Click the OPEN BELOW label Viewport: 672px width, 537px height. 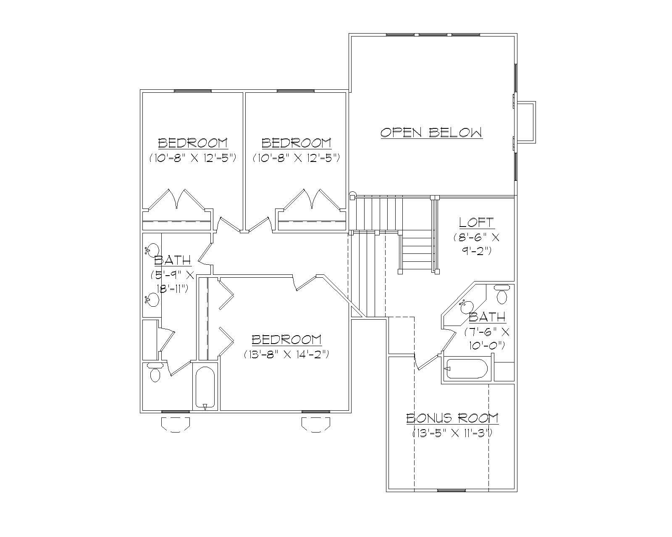point(431,133)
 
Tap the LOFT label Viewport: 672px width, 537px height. point(476,222)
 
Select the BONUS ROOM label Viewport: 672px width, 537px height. point(452,418)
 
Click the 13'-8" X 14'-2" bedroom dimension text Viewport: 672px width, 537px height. point(286,354)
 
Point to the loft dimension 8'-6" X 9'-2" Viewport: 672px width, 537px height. point(476,244)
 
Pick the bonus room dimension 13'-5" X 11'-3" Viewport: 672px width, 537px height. point(452,433)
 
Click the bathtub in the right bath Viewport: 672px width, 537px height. point(466,369)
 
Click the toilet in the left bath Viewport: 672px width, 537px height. point(155,373)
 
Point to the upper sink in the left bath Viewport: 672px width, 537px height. point(153,250)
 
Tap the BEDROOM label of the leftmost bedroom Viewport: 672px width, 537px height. point(193,143)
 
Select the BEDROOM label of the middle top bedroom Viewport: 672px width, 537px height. point(296,143)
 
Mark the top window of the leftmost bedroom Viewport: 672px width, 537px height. point(192,91)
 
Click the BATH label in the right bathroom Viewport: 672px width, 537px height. point(487,317)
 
